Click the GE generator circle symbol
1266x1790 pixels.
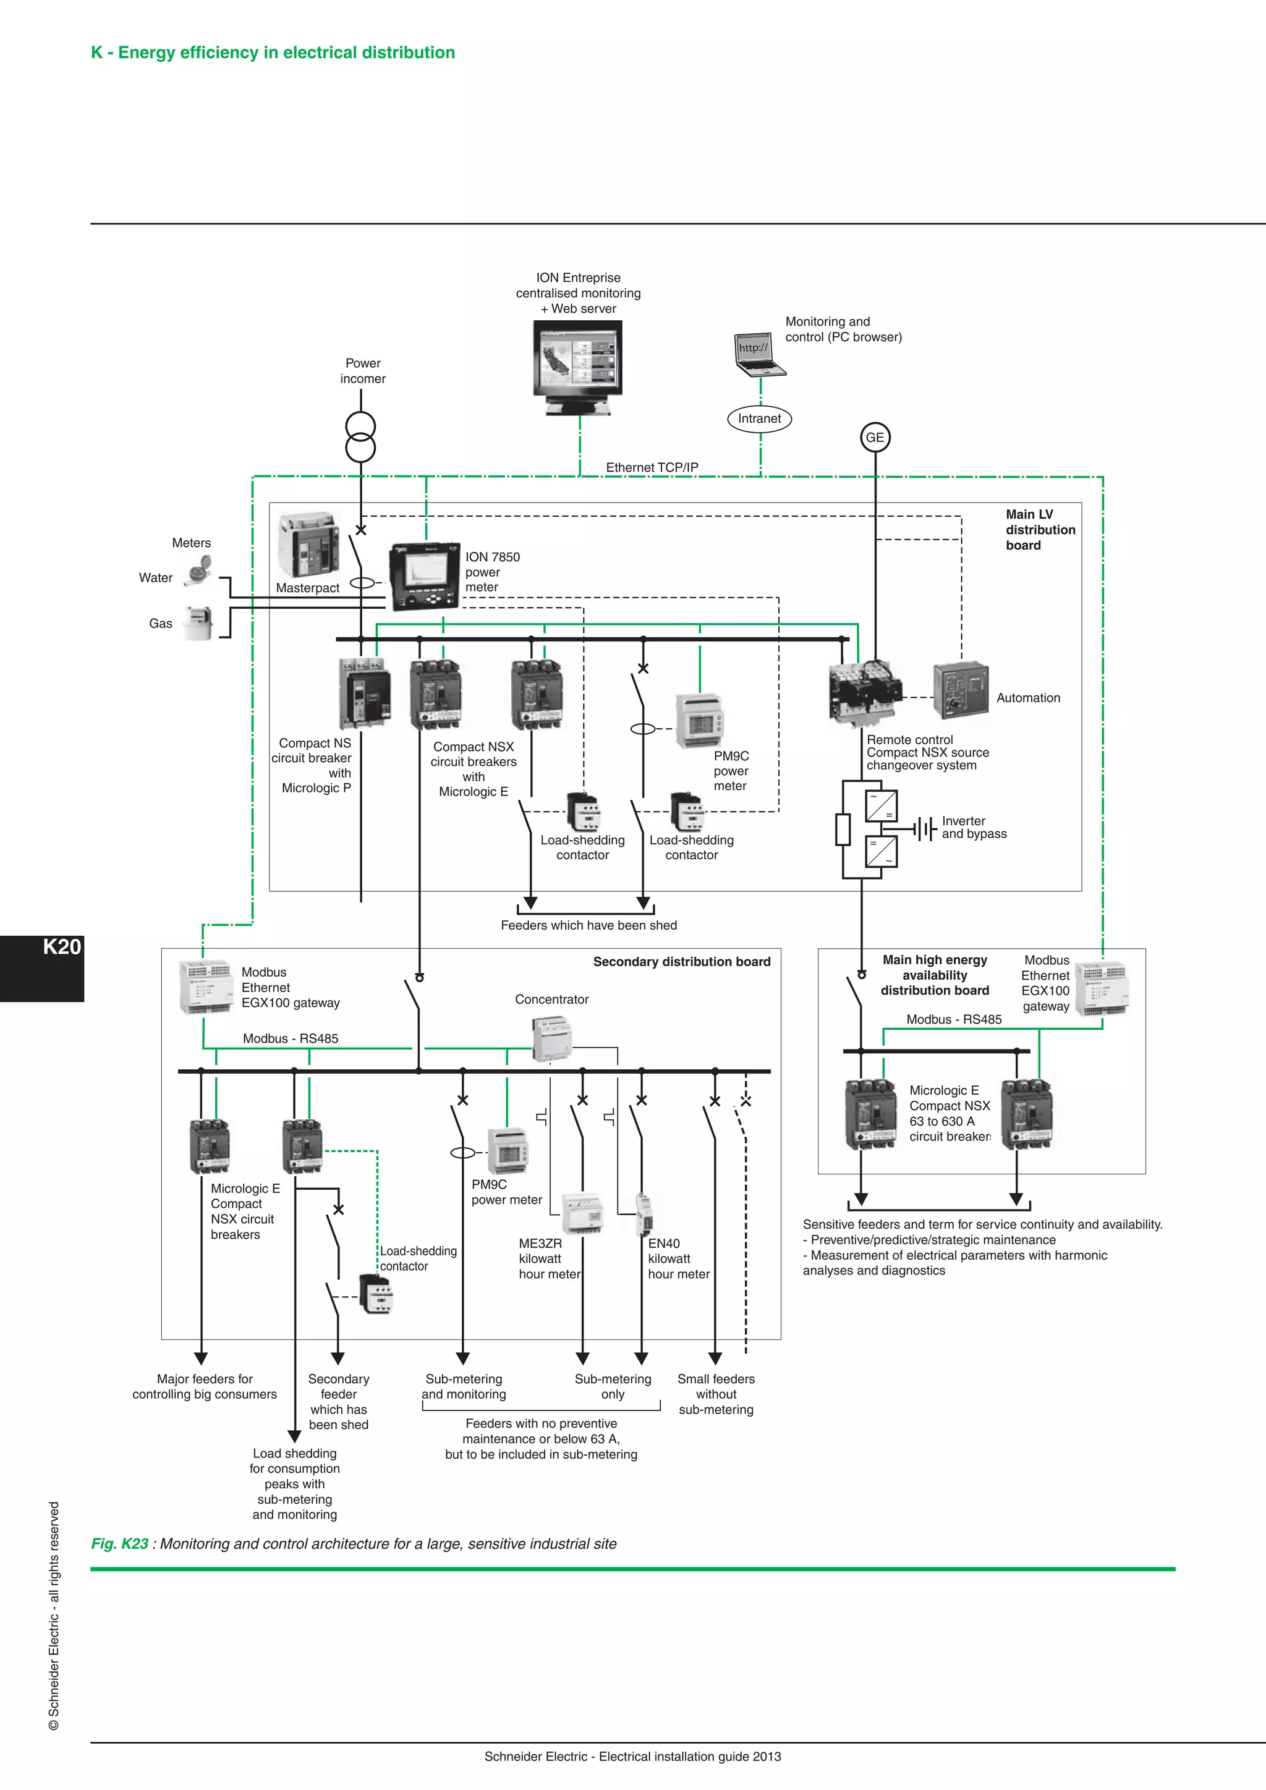(x=875, y=438)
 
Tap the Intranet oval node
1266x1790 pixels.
(x=759, y=418)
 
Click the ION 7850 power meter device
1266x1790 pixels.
(x=424, y=576)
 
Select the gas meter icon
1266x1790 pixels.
(x=197, y=623)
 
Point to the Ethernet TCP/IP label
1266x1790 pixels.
(x=652, y=467)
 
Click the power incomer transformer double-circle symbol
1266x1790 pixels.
(x=361, y=438)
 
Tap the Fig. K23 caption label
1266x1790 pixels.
(x=119, y=1543)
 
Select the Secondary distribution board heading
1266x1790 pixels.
(x=681, y=961)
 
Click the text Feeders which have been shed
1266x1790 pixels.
(x=588, y=925)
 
